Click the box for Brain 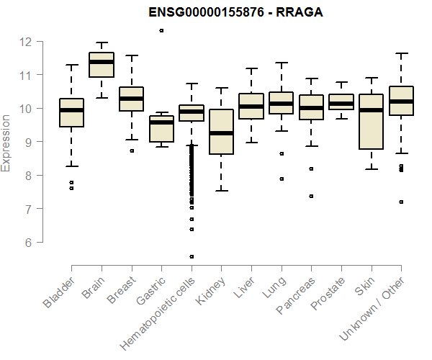pos(101,64)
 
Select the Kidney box pos(221,132)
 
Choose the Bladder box pos(71,112)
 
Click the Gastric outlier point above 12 pos(161,30)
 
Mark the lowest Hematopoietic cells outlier pos(192,256)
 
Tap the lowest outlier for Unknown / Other pos(401,202)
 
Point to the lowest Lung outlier pos(282,179)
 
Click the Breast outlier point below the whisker pos(131,150)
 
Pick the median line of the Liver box pos(251,107)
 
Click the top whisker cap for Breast pos(131,55)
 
